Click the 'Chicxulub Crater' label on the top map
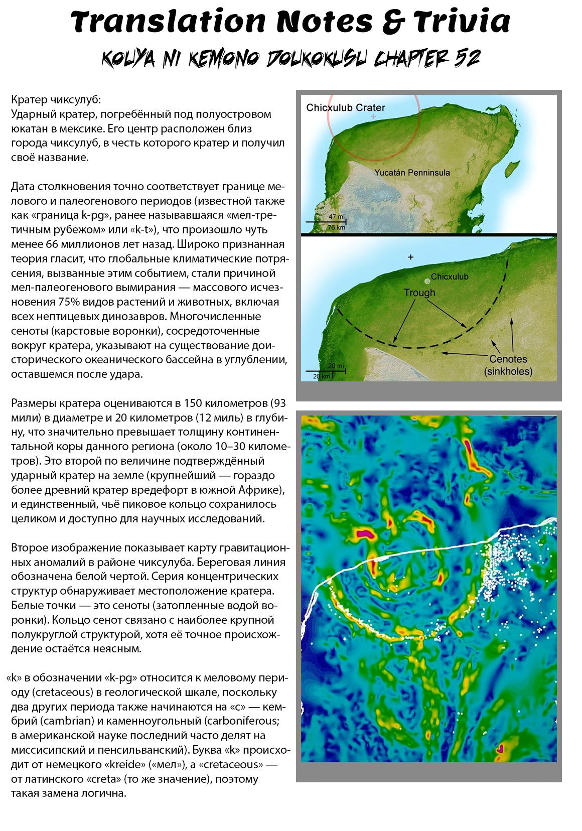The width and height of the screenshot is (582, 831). pyautogui.click(x=346, y=107)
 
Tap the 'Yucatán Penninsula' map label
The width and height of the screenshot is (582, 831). pyautogui.click(x=412, y=173)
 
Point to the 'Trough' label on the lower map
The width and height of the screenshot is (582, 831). pyautogui.click(x=419, y=293)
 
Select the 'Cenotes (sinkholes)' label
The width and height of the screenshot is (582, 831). pyautogui.click(x=508, y=365)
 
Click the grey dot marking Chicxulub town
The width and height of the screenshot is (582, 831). pyautogui.click(x=426, y=281)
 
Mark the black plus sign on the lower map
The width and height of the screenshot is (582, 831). pyautogui.click(x=411, y=257)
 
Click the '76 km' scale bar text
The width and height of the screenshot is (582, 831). pyautogui.click(x=336, y=227)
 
